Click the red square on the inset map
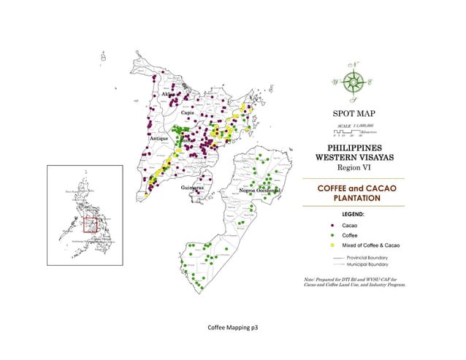click(x=90, y=225)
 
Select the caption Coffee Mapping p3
click(x=233, y=329)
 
